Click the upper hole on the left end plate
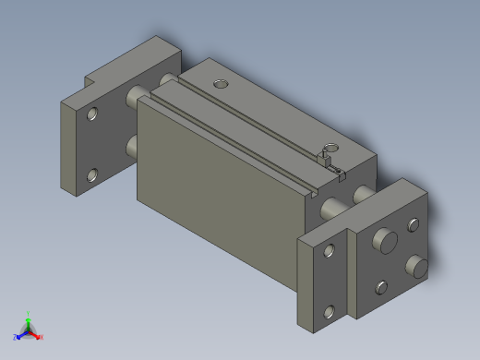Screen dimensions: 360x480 pos(92,115)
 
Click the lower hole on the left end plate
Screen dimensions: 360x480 pos(92,174)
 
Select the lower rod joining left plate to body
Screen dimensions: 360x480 pos(131,146)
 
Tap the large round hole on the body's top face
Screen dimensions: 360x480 pos(220,84)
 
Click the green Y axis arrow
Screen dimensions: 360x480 pos(29,318)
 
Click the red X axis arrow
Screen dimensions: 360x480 pos(36,333)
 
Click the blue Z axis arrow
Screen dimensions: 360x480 pos(21,333)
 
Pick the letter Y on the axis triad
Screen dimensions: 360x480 pos(29,312)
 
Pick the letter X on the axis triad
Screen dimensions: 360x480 pos(42,337)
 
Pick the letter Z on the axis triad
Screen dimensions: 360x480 pos(16,337)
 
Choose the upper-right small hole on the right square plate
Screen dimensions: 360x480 pos(412,223)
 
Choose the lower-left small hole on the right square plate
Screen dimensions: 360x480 pos(380,285)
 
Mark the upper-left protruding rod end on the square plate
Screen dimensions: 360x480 pos(383,242)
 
